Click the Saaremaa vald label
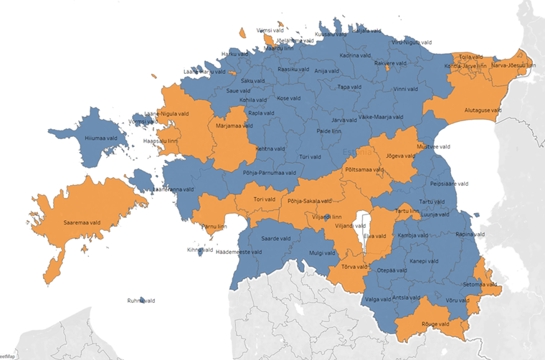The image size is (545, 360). coord(81,223)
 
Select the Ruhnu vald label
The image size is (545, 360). coord(141,301)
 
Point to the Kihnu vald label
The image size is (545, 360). coord(200,250)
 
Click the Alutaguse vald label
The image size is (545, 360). coord(483,110)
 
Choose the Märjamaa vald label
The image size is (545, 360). coord(234,126)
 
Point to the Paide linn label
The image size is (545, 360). coord(329,132)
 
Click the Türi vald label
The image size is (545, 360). coord(310,156)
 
